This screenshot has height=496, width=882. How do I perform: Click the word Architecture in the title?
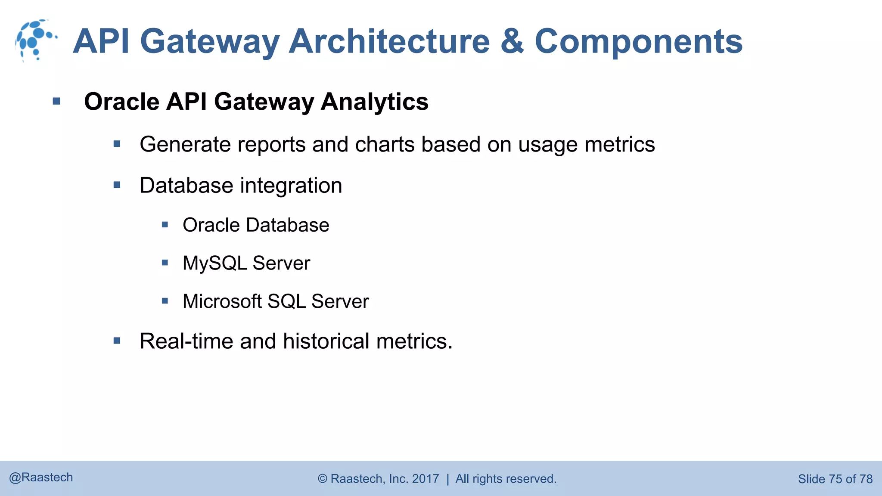[x=389, y=41]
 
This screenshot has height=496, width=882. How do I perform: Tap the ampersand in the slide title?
[x=512, y=41]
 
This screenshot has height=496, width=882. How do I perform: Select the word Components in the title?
[x=638, y=41]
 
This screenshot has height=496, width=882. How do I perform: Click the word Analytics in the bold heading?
[x=374, y=102]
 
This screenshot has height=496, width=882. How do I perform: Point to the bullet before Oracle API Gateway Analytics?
[x=56, y=102]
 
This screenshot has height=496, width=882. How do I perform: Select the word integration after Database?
[x=291, y=186]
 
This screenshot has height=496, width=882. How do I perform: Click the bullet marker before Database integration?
[x=117, y=185]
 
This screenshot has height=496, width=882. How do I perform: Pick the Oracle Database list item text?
[x=256, y=225]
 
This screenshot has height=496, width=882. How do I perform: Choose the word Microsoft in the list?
[x=222, y=301]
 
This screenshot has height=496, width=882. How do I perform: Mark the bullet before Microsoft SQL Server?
[x=165, y=301]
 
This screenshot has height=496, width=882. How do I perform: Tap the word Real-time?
[x=186, y=341]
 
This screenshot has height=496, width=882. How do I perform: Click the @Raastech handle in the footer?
[x=41, y=477]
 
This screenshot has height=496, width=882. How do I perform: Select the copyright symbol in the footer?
[x=323, y=479]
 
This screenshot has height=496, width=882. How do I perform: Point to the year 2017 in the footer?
[x=425, y=479]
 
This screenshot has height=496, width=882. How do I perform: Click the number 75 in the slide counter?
[x=835, y=479]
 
